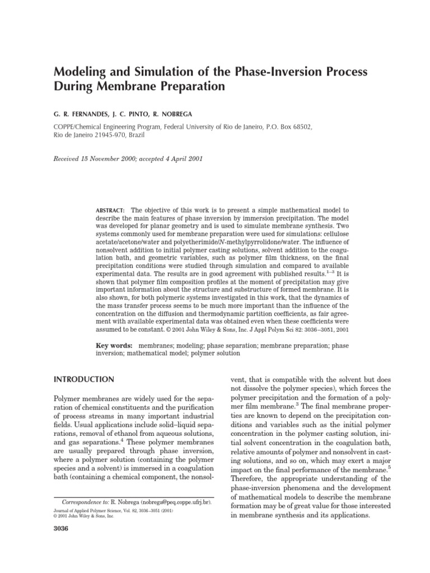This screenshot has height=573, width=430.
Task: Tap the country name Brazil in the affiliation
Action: coord(151,136)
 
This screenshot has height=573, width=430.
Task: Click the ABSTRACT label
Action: coord(110,210)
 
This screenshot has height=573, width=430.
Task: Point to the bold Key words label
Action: coord(114,346)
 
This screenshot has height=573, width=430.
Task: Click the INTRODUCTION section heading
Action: coord(83,380)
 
